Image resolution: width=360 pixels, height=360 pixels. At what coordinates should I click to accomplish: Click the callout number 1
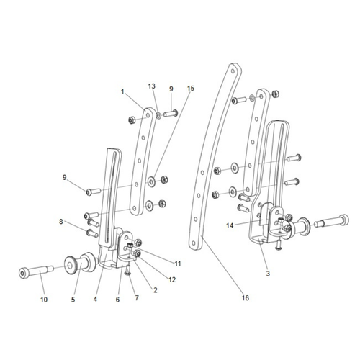coord(123,91)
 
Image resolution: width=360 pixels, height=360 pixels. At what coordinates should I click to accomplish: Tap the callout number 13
coord(151,86)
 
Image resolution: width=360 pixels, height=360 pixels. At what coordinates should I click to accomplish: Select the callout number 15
coord(190,89)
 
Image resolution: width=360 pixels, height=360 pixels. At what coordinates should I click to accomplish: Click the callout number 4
coord(94,297)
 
